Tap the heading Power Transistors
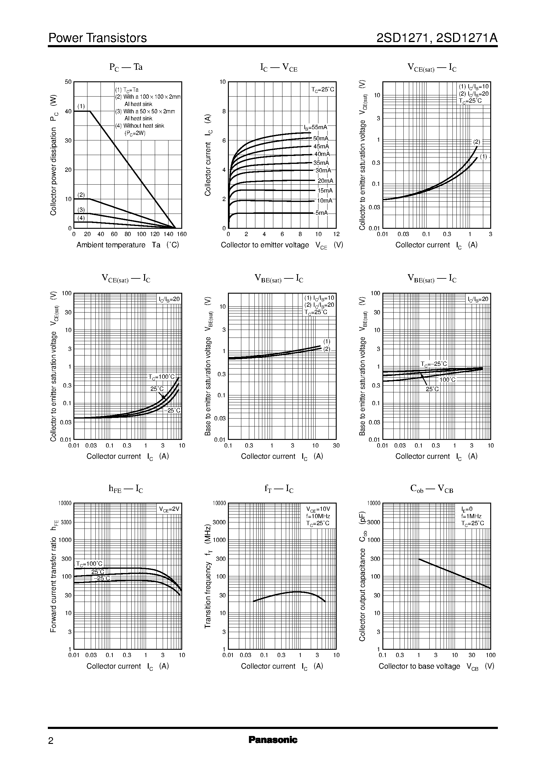pos(97,38)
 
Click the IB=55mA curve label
pos(315,127)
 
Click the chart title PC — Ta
pos(126,67)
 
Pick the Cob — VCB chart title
pos(432,489)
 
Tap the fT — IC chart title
pos(279,489)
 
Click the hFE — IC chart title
pos(126,489)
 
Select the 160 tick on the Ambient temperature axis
pos(182,234)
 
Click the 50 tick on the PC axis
pos(68,82)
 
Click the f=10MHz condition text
pos(318,516)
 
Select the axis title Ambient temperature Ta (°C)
pos(127,245)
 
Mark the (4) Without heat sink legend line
pos(140,126)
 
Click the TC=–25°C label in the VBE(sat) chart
pos(434,364)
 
